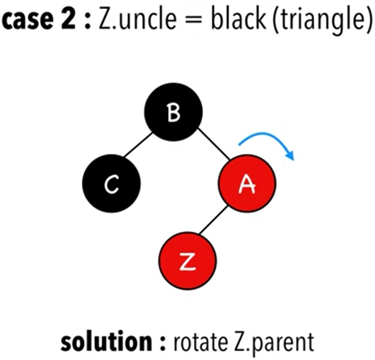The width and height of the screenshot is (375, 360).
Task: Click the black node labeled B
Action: point(173,112)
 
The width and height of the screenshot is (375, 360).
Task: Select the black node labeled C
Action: point(111,184)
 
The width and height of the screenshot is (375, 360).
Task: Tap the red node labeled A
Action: point(247,184)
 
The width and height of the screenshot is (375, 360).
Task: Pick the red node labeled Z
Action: point(187,261)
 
